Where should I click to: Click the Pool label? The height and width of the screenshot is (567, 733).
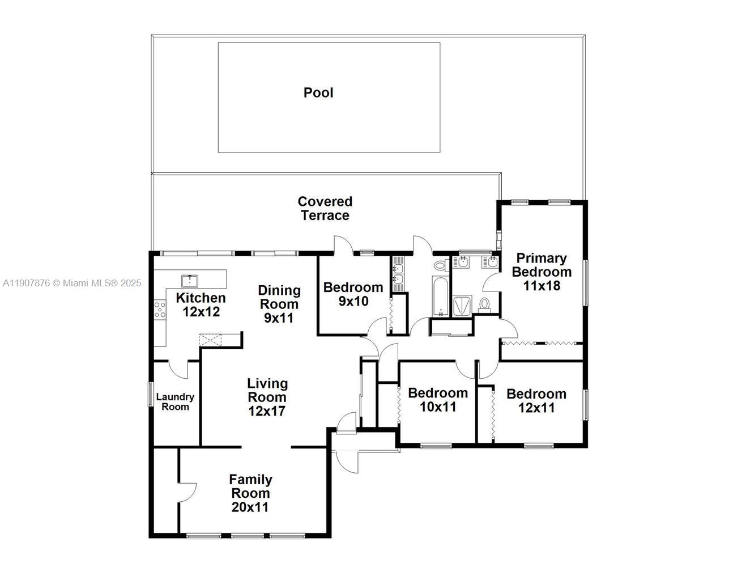click(x=318, y=92)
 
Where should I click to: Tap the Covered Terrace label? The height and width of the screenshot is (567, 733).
click(x=325, y=208)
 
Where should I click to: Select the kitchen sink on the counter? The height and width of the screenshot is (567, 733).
click(x=189, y=280)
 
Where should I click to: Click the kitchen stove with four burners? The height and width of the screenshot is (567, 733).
click(x=160, y=310)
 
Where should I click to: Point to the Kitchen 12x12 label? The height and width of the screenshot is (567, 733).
click(x=201, y=304)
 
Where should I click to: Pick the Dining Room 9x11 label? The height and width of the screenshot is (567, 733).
click(x=279, y=304)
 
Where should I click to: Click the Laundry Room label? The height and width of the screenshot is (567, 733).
click(x=175, y=402)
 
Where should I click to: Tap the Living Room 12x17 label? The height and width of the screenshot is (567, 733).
click(x=267, y=397)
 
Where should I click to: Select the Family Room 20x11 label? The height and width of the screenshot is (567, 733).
click(x=250, y=493)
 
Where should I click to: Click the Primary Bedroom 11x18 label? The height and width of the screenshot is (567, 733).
click(x=542, y=272)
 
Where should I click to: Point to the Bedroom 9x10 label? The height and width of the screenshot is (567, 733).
click(x=353, y=294)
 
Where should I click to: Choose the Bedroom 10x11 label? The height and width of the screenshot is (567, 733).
click(x=438, y=399)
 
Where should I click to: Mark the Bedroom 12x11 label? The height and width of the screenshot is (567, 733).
click(x=536, y=400)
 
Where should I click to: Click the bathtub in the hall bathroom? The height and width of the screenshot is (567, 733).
click(x=440, y=297)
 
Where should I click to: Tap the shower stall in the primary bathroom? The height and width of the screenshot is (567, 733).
click(x=461, y=306)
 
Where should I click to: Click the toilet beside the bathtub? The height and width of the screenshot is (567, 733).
click(x=440, y=265)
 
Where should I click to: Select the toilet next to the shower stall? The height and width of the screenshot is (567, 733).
click(x=484, y=304)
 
